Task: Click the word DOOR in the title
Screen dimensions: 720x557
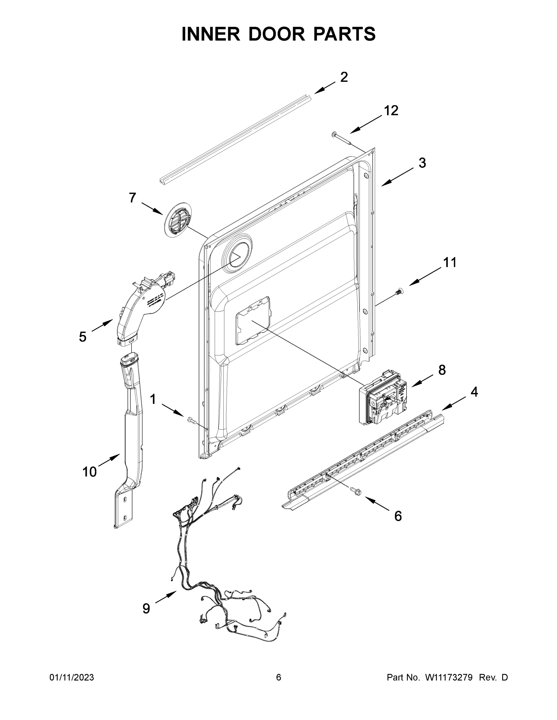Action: click(x=277, y=34)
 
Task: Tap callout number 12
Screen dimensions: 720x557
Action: click(x=391, y=111)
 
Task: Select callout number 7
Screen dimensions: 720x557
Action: click(x=132, y=198)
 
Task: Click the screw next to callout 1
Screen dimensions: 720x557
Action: click(x=191, y=420)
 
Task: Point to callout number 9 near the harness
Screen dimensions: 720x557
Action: click(x=146, y=608)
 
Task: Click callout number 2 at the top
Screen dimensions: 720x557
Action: click(x=344, y=77)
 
